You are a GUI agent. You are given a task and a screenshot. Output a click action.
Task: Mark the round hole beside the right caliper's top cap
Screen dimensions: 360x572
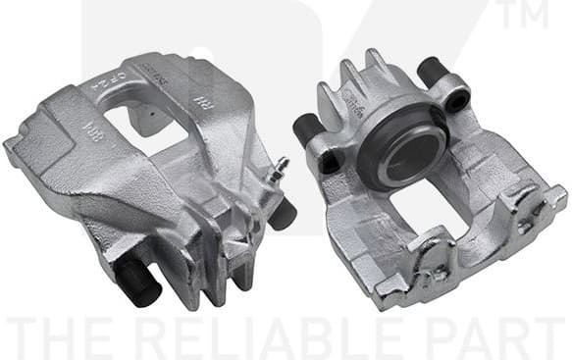pos(456,101)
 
